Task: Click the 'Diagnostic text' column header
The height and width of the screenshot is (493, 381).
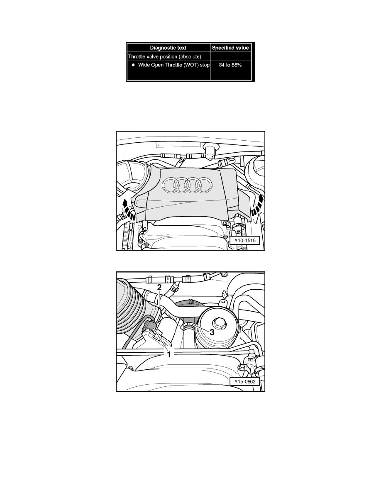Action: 169,48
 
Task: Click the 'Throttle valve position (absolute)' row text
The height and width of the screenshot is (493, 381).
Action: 165,56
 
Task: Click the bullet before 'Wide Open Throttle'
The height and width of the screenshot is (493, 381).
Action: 133,65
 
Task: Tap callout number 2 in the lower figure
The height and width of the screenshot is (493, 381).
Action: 159,287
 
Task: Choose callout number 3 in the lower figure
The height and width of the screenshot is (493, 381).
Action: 212,332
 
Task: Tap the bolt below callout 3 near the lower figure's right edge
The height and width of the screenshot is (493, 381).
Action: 241,367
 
